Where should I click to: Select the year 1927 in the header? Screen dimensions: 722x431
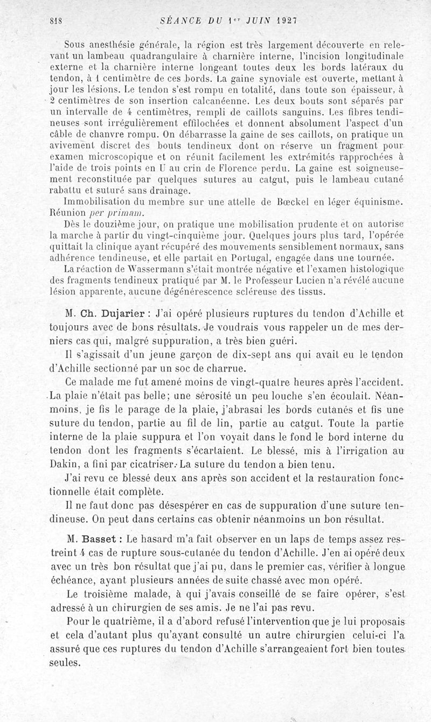pyautogui.click(x=288, y=20)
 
